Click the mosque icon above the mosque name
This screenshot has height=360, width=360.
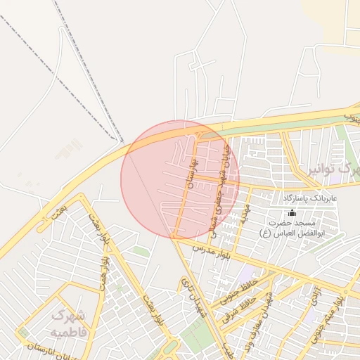coord(292,212)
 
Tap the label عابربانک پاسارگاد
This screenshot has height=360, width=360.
coord(311,199)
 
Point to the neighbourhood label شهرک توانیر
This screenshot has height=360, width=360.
coord(334,169)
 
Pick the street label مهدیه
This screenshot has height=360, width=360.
coord(243,213)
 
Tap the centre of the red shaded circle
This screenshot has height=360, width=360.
coord(180,179)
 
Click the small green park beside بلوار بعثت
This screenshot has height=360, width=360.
coord(141,251)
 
